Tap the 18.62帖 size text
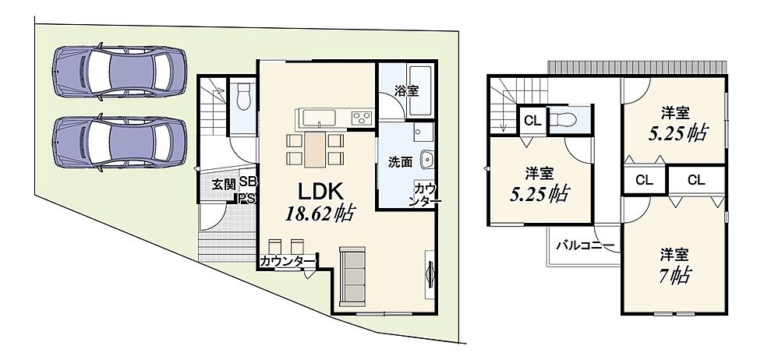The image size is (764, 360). point(319,214)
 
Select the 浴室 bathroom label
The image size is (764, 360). point(407,91)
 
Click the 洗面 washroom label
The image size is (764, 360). point(401,163)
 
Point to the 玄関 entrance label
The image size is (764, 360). point(224,184)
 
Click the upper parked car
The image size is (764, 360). point(119,72)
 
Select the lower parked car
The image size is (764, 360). point(119,143)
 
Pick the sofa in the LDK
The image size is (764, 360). point(352,275)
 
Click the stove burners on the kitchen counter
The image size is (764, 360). point(362,118)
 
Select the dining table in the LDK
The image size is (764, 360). point(315,149)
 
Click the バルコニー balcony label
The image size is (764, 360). point(585,245)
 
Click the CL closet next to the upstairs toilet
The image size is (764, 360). point(533,120)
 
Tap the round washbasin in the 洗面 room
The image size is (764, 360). point(427,159)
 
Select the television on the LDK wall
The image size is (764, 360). point(430,276)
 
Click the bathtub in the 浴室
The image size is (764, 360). point(421,91)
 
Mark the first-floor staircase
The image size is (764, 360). point(213,108)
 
